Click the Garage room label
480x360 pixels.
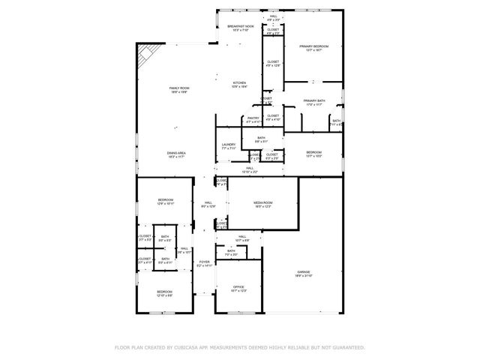pyautogui.click(x=302, y=273)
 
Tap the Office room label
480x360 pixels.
pyautogui.click(x=238, y=287)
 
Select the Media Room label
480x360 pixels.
pyautogui.click(x=262, y=204)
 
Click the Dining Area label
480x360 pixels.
pyautogui.click(x=176, y=154)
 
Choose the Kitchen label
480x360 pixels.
pyautogui.click(x=239, y=84)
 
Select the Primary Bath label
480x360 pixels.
pyautogui.click(x=314, y=102)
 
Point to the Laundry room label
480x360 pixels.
pyautogui.click(x=229, y=146)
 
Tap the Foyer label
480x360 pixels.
pyautogui.click(x=205, y=263)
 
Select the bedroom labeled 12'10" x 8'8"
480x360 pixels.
pyautogui.click(x=164, y=293)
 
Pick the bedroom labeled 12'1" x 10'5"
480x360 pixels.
pyautogui.click(x=313, y=154)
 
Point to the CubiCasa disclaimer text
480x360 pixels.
pyautogui.click(x=239, y=347)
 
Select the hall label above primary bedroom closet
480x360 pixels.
pyautogui.click(x=274, y=16)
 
